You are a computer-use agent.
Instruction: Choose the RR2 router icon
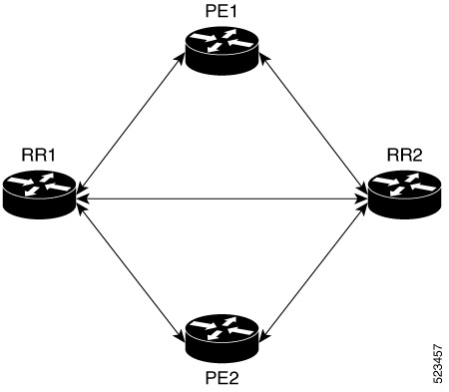click(404, 191)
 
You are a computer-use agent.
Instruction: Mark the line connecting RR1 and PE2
click(130, 266)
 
